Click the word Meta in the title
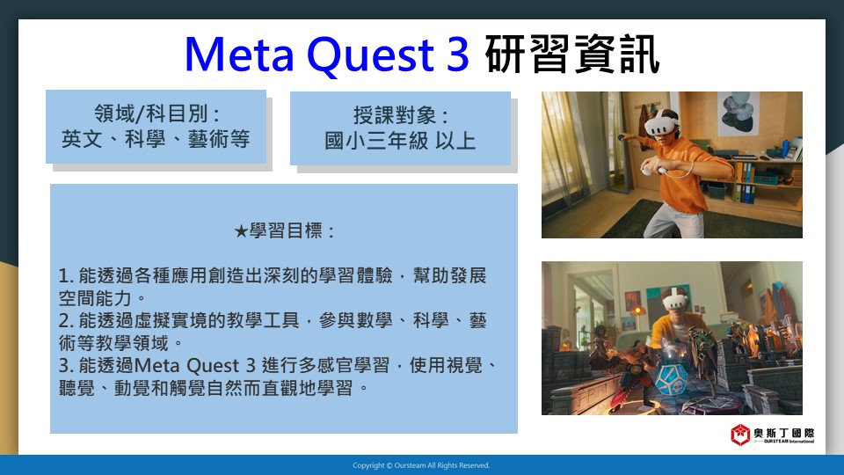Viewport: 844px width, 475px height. tap(239, 55)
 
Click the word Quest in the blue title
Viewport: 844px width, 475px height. tap(371, 55)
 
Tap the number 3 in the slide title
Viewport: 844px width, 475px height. tap(457, 55)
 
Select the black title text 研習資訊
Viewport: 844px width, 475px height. tap(572, 55)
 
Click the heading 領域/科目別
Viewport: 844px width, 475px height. tap(156, 113)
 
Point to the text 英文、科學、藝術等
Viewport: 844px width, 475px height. tap(156, 139)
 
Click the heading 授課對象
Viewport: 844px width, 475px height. tap(400, 115)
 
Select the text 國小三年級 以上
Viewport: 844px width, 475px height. tap(400, 141)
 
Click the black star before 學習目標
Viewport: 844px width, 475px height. tap(241, 231)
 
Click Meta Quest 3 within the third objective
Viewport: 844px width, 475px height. tap(194, 366)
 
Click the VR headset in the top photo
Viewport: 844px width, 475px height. tap(661, 124)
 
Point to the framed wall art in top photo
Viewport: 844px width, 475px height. tap(738, 113)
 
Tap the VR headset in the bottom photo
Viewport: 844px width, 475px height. tap(675, 299)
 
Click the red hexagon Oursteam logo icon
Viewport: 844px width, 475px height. tap(740, 435)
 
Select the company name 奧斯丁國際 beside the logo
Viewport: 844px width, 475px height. tap(783, 433)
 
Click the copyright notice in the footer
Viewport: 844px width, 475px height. tap(421, 465)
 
